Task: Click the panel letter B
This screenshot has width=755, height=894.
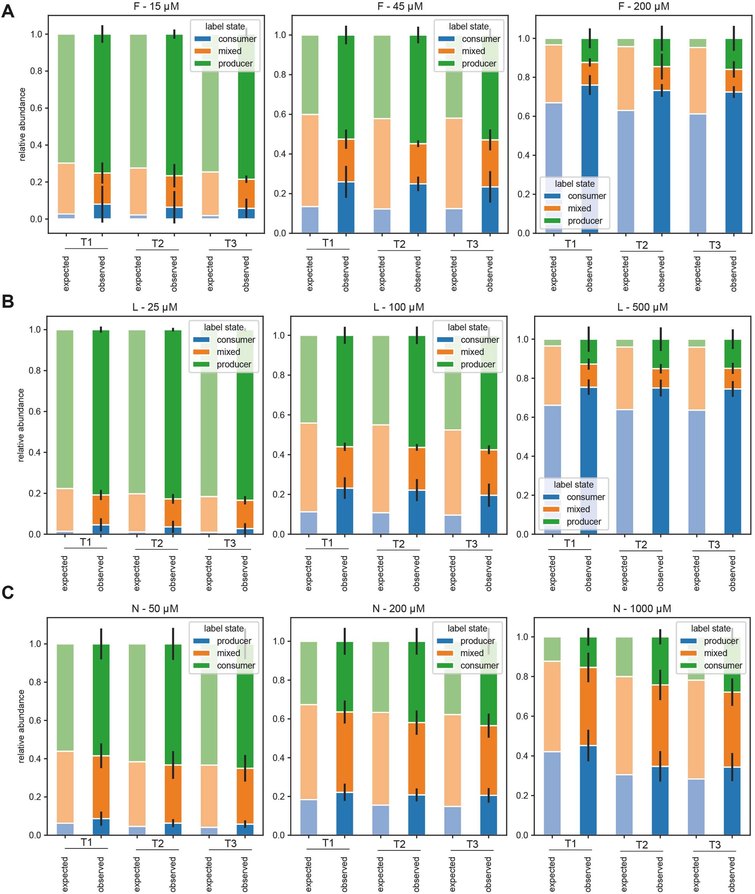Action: (x=8, y=301)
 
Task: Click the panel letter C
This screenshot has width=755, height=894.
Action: (x=8, y=593)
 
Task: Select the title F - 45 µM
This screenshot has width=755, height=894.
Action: (x=400, y=6)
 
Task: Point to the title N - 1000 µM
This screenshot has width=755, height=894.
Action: (x=642, y=609)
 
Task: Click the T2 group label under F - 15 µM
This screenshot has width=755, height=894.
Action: (x=157, y=244)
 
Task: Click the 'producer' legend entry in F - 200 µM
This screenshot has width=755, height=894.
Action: (x=584, y=221)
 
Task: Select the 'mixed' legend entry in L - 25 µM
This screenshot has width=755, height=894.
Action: (x=228, y=352)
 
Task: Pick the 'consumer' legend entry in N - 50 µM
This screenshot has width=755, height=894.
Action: (x=235, y=666)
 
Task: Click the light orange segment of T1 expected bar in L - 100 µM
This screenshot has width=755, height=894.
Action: (x=309, y=467)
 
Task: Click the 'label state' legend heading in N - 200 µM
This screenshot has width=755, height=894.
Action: (x=467, y=628)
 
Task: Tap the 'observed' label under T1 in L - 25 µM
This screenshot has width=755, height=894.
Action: (x=101, y=573)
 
